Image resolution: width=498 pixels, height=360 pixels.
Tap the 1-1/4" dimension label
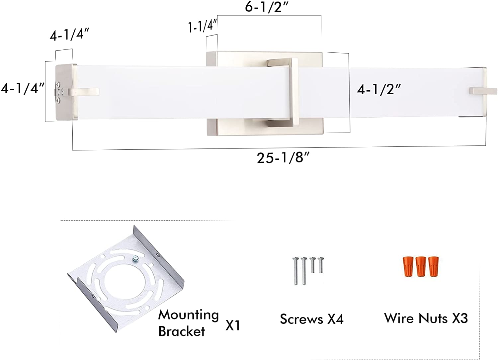[203, 26]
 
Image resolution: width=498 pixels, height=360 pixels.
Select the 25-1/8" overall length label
[283, 158]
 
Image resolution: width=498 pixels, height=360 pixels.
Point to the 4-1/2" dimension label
[378, 90]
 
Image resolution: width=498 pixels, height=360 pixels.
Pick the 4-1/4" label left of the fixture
[23, 88]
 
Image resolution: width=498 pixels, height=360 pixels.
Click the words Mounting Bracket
[189, 323]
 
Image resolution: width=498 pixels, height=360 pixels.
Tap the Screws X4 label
[312, 319]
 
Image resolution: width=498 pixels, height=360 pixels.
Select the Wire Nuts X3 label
[426, 318]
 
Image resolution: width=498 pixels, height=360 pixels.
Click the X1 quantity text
[233, 326]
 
